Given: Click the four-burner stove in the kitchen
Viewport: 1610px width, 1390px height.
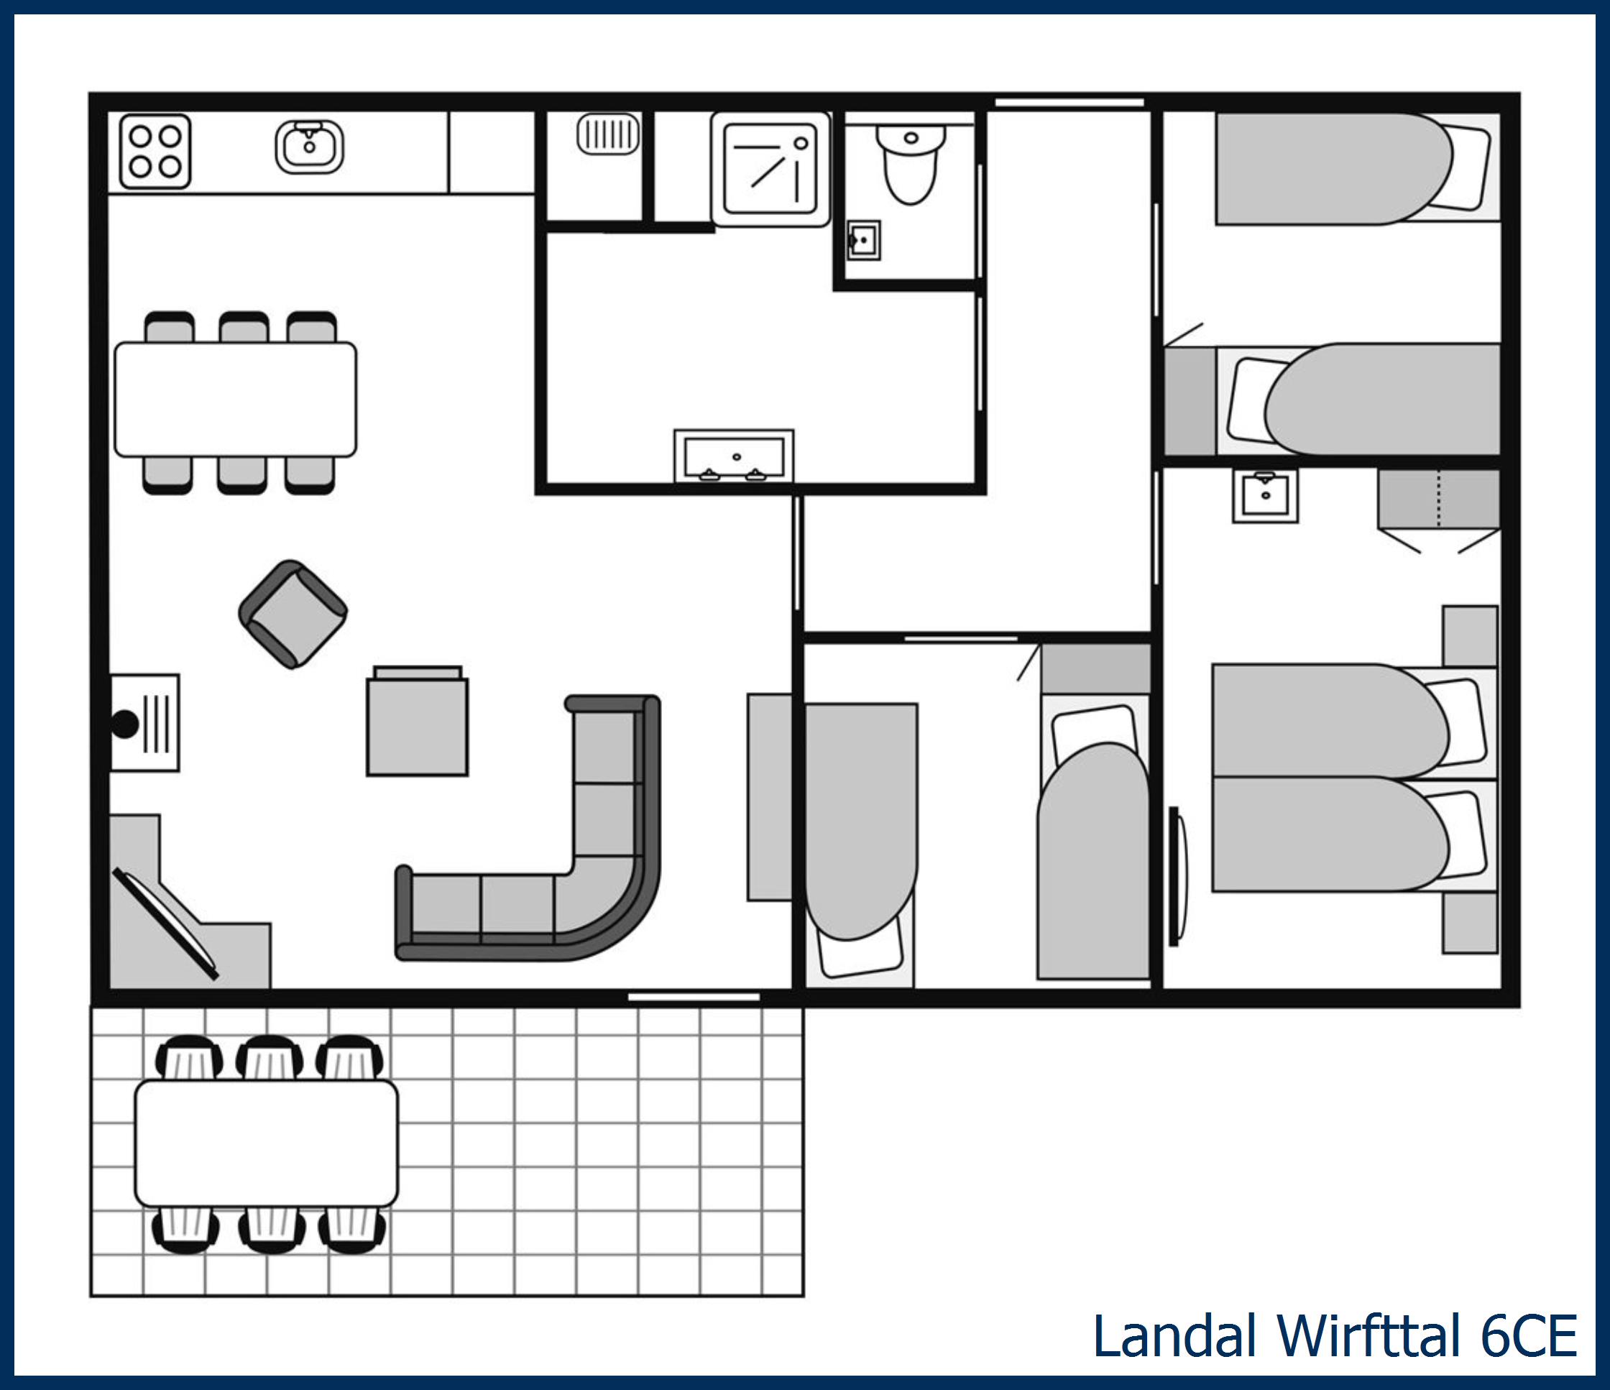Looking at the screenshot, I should tap(155, 152).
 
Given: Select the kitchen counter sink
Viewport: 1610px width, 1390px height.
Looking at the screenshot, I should tap(309, 147).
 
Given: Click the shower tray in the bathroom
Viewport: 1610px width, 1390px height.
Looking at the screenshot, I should tap(770, 169).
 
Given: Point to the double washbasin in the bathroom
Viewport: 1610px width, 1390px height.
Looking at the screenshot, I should tap(734, 456).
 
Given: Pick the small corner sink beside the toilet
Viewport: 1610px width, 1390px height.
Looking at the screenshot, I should tap(864, 240).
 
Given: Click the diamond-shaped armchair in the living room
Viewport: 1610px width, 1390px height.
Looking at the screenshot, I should tap(293, 614).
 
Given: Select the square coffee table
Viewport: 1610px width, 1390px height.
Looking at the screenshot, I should tap(418, 725).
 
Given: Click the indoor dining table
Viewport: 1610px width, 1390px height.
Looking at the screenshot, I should tap(236, 400).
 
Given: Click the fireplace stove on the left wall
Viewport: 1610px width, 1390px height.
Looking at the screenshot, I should tap(144, 722).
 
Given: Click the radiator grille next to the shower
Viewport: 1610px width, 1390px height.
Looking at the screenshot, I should tap(608, 134).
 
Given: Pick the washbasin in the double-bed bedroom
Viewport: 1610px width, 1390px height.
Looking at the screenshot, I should tap(1265, 495).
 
